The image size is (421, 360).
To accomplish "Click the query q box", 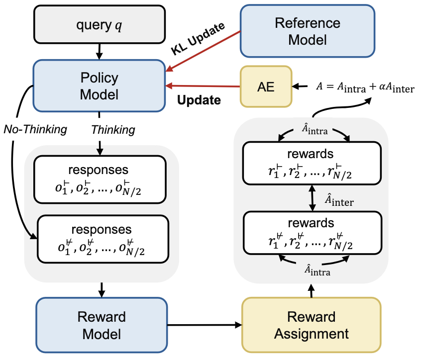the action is [x=100, y=24].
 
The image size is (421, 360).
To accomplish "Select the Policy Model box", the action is [x=99, y=86].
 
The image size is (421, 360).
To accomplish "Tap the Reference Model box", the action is [x=308, y=31].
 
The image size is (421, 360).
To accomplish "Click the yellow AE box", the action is [x=266, y=87].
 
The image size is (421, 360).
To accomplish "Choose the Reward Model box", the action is [x=102, y=325].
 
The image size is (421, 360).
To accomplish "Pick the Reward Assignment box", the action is [x=312, y=325].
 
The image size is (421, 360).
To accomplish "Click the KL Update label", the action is [x=198, y=38].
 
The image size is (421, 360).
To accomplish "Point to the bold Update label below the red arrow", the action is [x=199, y=100].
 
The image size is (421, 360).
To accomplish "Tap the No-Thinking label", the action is [x=35, y=129].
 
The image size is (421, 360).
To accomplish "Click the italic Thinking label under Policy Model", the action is [x=113, y=130].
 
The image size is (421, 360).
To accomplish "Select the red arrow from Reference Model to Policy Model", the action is [x=203, y=51].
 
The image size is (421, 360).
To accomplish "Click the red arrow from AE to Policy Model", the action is [x=203, y=86].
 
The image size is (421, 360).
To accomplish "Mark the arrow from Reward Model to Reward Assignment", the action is [x=205, y=325].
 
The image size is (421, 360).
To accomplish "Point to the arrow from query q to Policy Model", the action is [x=100, y=51].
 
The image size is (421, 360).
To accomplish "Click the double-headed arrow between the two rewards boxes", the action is [x=312, y=198].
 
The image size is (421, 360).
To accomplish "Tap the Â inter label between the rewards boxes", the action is [x=339, y=200].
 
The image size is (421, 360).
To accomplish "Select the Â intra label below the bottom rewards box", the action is [x=317, y=270].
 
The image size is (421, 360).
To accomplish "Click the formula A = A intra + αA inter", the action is [x=365, y=87].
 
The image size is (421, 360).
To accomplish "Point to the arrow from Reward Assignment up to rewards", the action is [x=311, y=291].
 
